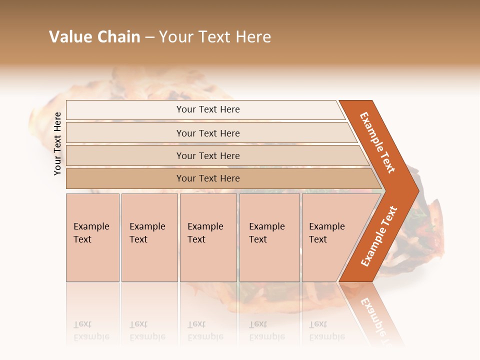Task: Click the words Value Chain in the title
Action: [x=94, y=37]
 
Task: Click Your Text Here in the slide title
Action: [x=215, y=37]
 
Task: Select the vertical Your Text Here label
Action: [x=57, y=144]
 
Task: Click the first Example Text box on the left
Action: [x=92, y=237]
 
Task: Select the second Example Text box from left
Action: [x=149, y=237]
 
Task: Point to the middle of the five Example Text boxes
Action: [x=208, y=237]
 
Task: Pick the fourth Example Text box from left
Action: [x=269, y=237]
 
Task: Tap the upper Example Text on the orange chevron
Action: [x=377, y=142]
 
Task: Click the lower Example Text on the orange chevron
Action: [x=379, y=236]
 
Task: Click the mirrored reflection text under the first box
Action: [x=91, y=330]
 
